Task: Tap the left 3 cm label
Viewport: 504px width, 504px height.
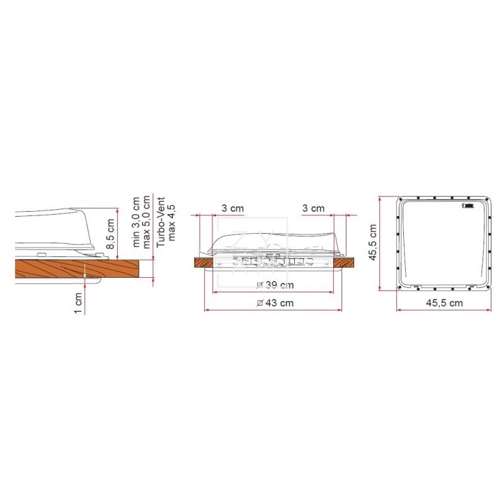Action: pos(232,208)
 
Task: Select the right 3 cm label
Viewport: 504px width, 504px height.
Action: pos(313,208)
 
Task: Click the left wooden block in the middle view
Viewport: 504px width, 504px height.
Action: pos(203,261)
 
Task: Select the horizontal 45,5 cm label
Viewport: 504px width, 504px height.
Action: pos(444,303)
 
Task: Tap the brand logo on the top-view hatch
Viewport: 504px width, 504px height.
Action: pos(469,205)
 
